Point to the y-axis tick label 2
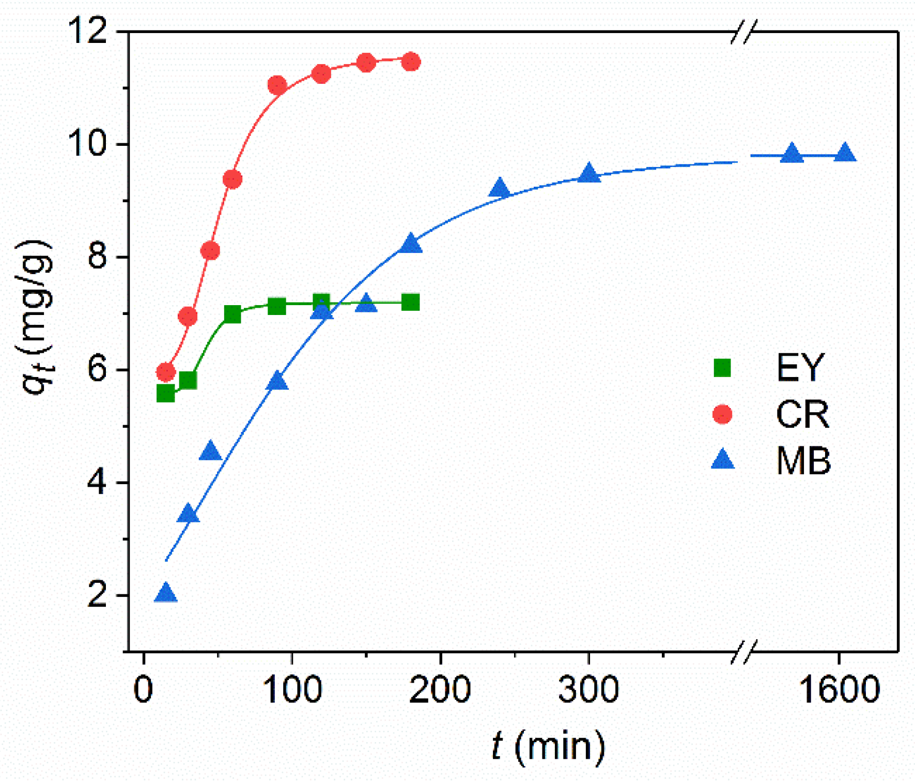pyautogui.click(x=97, y=595)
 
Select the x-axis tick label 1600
pyautogui.click(x=839, y=689)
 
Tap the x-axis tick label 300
pyautogui.click(x=588, y=689)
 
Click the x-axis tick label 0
pyautogui.click(x=143, y=689)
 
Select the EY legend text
pyautogui.click(x=800, y=368)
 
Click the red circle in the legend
pyautogui.click(x=722, y=414)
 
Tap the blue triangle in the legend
pyautogui.click(x=722, y=460)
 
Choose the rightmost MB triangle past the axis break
pyautogui.click(x=845, y=154)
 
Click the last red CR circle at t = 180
pyautogui.click(x=411, y=62)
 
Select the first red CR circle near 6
pyautogui.click(x=165, y=371)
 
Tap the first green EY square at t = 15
pyautogui.click(x=165, y=394)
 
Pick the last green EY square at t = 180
pyautogui.click(x=410, y=303)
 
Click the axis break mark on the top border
pyautogui.click(x=744, y=32)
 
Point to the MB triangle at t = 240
pyautogui.click(x=499, y=189)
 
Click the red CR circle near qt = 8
pyautogui.click(x=210, y=250)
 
